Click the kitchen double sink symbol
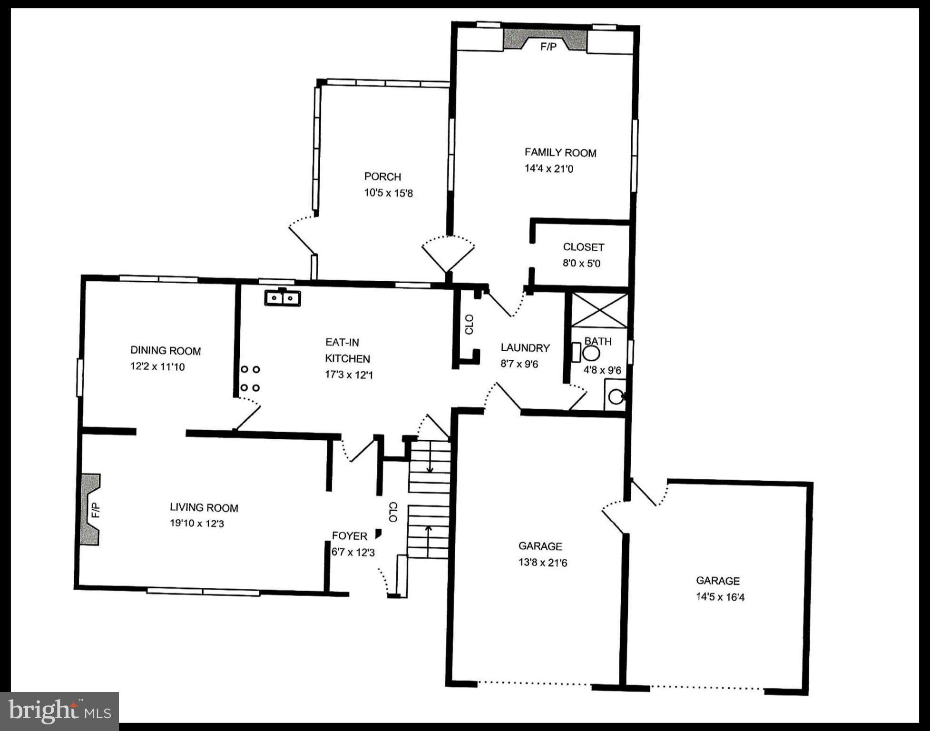pyautogui.click(x=283, y=298)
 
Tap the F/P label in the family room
pyautogui.click(x=548, y=47)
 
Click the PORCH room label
pyautogui.click(x=382, y=177)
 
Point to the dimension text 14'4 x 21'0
pyautogui.click(x=548, y=169)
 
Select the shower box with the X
pyautogui.click(x=599, y=310)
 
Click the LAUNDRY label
pyautogui.click(x=525, y=348)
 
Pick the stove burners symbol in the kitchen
pyautogui.click(x=250, y=379)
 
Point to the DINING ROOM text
pyautogui.click(x=166, y=351)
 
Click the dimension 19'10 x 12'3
pyautogui.click(x=196, y=524)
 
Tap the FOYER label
pyautogui.click(x=349, y=536)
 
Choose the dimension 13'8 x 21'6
pyautogui.click(x=542, y=563)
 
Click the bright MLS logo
pyautogui.click(x=59, y=711)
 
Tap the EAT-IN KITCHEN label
pyautogui.click(x=347, y=350)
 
